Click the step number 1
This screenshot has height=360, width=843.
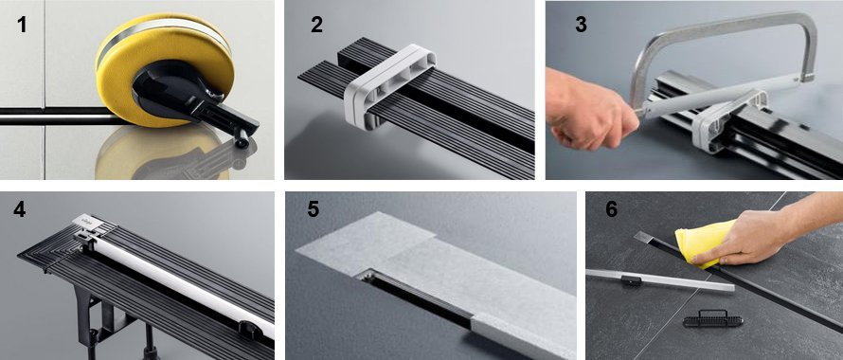(22, 25)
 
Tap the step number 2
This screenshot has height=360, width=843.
(316, 25)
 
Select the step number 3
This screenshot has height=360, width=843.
(581, 25)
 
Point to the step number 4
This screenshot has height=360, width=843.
(19, 208)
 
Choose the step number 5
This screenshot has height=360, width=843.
(314, 208)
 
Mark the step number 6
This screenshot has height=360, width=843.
(611, 208)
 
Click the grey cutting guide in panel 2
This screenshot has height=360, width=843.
(390, 86)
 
